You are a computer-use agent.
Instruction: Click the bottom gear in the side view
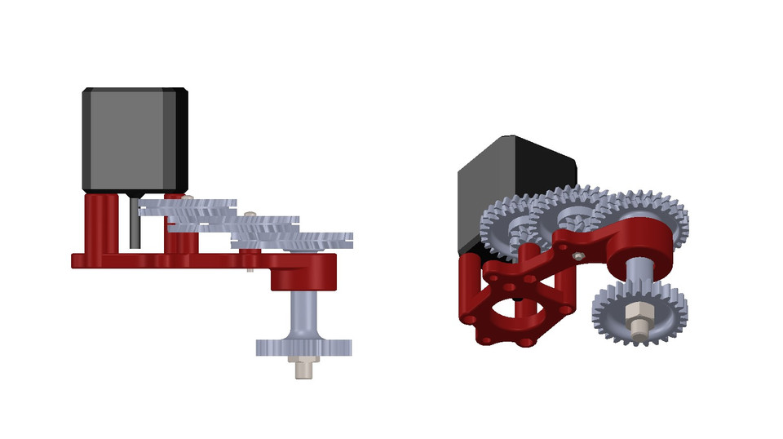click(303, 348)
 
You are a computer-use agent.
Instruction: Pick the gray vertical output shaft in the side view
click(304, 314)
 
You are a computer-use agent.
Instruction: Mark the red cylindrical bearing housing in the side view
click(304, 273)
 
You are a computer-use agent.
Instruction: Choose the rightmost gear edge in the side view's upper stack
click(326, 238)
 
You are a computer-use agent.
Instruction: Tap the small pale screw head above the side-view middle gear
click(250, 215)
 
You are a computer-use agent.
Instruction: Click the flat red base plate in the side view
click(163, 260)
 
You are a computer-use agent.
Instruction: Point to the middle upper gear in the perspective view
click(571, 214)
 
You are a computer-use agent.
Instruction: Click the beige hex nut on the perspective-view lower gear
click(637, 315)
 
